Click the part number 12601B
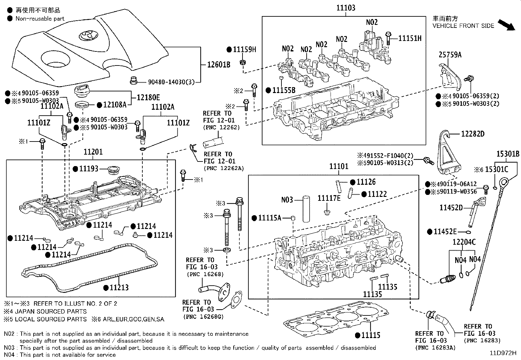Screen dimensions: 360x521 (219, 65)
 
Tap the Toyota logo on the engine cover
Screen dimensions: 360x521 (88, 35)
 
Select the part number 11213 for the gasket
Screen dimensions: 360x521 (119, 288)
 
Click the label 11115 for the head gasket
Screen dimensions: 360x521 (371, 335)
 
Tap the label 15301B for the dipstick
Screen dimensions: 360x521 (508, 154)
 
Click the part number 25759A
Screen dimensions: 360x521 (450, 55)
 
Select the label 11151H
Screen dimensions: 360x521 (410, 39)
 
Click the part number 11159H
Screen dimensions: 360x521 (244, 49)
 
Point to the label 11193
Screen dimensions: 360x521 (89, 169)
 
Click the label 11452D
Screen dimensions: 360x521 (451, 208)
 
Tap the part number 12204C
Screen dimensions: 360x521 (464, 242)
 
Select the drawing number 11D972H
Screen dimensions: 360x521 (503, 353)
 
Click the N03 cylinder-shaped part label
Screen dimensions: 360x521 (287, 200)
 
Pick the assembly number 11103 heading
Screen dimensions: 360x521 (346, 8)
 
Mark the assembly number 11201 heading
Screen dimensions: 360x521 (93, 152)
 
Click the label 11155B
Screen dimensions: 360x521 (284, 90)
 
